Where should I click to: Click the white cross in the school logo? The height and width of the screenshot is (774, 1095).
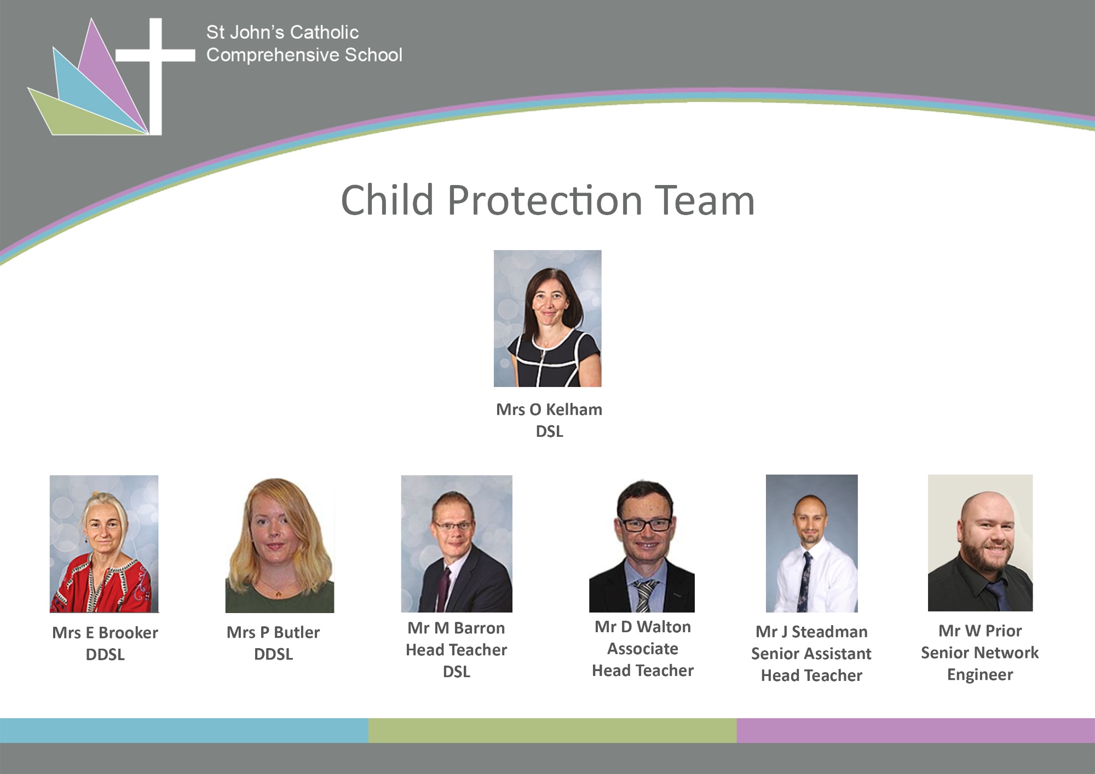click(x=155, y=55)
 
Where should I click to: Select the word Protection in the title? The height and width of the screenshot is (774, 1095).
click(x=545, y=200)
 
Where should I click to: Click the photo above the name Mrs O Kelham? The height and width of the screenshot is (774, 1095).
click(x=547, y=319)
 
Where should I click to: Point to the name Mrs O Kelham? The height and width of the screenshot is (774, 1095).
click(x=549, y=409)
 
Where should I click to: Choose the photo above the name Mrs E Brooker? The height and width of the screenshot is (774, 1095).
click(x=104, y=544)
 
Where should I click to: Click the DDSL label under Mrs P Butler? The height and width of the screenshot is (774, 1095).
click(x=274, y=654)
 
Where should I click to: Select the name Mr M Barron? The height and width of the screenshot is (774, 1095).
click(x=456, y=628)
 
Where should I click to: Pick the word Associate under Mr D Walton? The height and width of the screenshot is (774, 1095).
click(x=643, y=649)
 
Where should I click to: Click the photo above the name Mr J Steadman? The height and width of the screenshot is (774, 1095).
click(x=812, y=543)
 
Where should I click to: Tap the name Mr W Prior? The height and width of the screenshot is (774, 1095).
click(x=980, y=631)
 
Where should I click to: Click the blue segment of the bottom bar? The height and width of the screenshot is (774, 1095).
click(x=184, y=730)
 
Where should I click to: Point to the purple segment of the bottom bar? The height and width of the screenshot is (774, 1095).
click(x=916, y=730)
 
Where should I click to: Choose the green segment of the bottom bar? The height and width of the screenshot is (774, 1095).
click(x=552, y=730)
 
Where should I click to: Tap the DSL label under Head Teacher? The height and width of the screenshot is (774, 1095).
click(x=457, y=672)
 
